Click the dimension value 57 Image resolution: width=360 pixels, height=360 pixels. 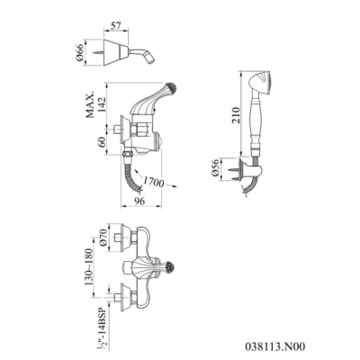point(115,26)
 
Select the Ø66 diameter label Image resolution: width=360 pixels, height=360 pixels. point(80,53)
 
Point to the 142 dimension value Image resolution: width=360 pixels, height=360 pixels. point(102,104)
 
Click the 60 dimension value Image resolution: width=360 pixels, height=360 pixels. point(102,142)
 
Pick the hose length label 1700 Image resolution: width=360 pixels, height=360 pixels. point(153,182)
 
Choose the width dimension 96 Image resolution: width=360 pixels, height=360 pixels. point(139,201)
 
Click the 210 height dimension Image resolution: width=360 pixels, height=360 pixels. point(236,115)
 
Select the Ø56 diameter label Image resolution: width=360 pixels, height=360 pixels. point(215,169)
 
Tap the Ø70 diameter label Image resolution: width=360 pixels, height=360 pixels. point(103,238)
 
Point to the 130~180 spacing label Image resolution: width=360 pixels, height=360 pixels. point(89,267)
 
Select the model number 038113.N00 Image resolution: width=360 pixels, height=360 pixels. point(274,346)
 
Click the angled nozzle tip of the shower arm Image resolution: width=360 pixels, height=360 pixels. point(151,60)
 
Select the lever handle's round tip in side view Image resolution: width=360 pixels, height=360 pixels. point(172,87)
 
